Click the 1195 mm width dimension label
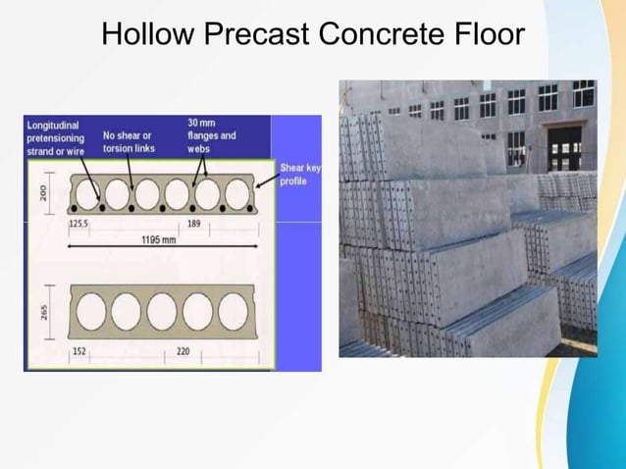coord(157,238)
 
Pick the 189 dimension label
coord(195,224)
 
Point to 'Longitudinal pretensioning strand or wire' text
coord(56,138)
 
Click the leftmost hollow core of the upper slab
coord(87,193)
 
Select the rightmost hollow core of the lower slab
coord(233,311)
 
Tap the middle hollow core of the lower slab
coord(161,311)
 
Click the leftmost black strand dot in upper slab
coord(73,209)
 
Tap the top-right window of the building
coord(583,94)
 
